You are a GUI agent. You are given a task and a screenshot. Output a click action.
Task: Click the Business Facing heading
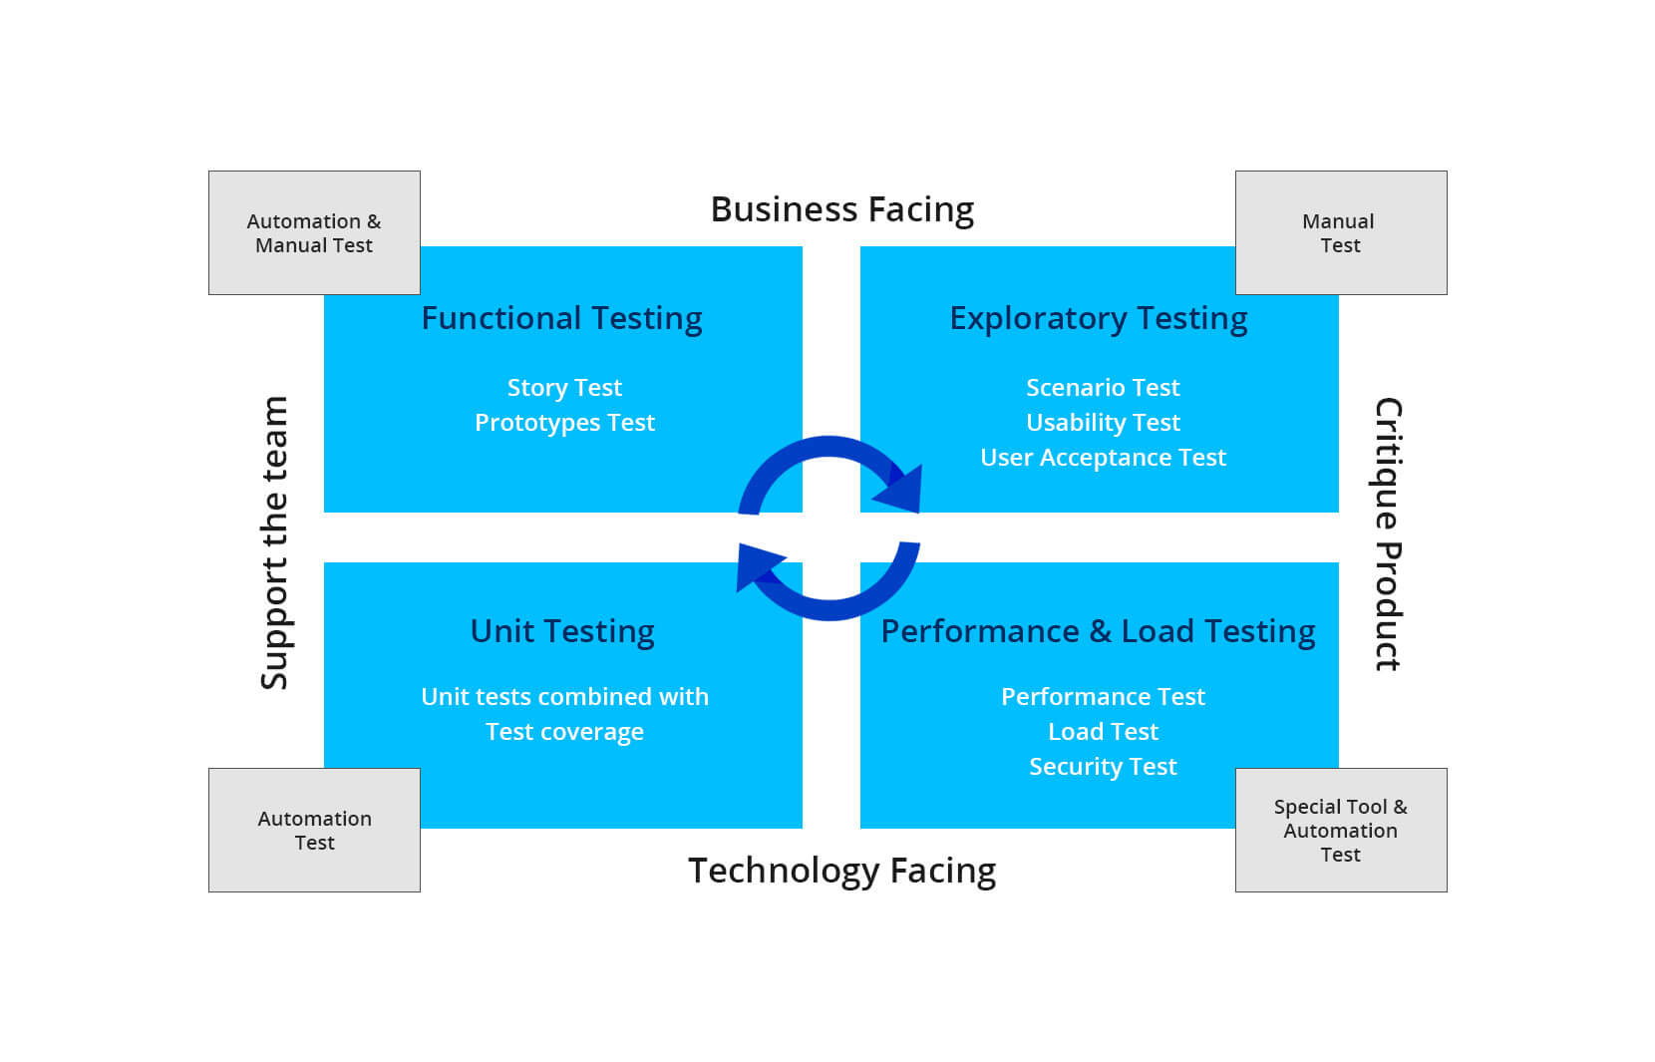click(841, 209)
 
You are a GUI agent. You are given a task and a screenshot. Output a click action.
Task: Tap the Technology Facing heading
click(841, 871)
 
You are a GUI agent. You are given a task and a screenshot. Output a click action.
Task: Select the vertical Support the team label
click(274, 542)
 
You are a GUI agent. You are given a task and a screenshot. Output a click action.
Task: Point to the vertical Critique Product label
click(1388, 534)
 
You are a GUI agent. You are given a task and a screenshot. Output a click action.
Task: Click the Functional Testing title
click(561, 318)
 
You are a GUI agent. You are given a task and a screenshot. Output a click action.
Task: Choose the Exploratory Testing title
click(1098, 318)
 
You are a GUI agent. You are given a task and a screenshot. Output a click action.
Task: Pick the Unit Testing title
click(562, 631)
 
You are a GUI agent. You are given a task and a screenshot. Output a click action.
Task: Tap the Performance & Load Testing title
click(1098, 631)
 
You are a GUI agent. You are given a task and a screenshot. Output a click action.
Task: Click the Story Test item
click(564, 387)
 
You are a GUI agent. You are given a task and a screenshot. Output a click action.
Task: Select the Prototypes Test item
click(564, 423)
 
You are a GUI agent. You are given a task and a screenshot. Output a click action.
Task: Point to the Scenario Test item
click(1103, 387)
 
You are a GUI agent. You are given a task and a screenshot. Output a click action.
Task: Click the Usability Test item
click(1103, 423)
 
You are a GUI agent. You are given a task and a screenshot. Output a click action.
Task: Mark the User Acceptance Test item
click(1103, 458)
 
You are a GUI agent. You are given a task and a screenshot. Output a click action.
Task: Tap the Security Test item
click(1103, 767)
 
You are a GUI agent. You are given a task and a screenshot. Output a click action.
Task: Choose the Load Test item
click(1103, 732)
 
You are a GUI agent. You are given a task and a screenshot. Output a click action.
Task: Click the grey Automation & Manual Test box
click(314, 232)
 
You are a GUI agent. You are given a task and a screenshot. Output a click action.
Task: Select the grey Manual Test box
click(1341, 232)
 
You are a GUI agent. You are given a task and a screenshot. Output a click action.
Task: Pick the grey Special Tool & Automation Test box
click(1341, 830)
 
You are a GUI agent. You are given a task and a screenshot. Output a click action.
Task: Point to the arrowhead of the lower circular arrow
click(758, 567)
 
